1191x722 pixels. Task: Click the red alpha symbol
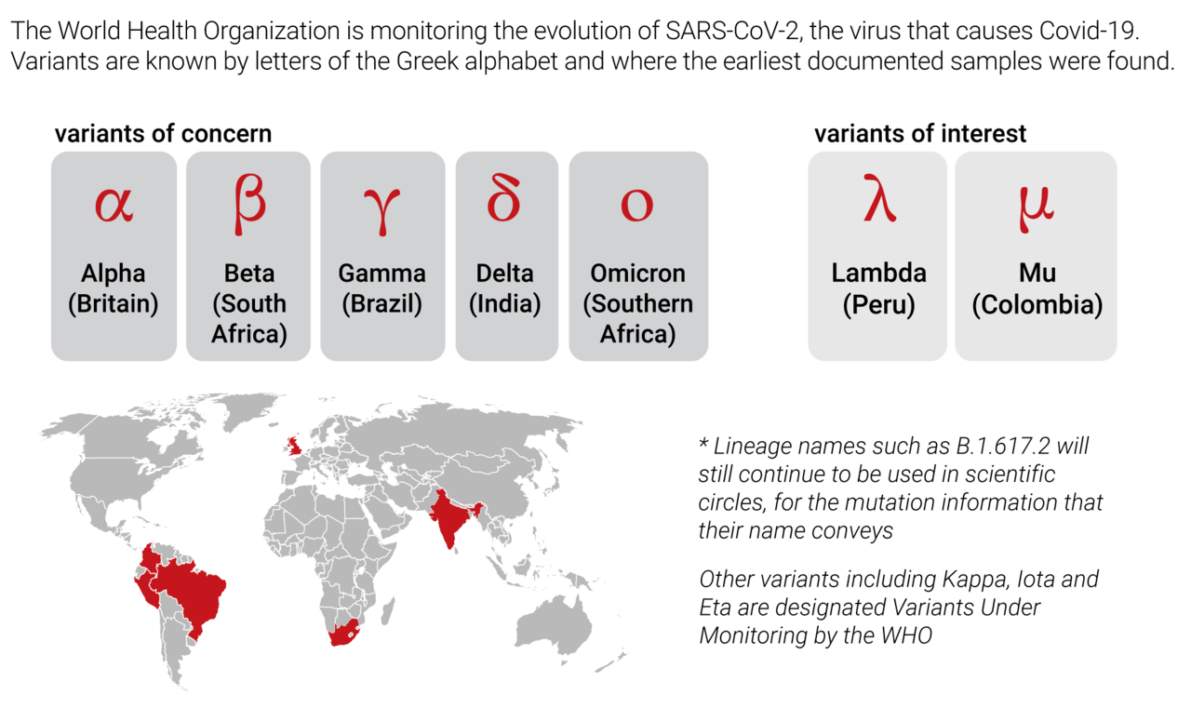point(114,205)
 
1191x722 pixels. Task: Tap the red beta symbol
point(249,204)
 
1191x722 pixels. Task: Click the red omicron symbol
point(637,206)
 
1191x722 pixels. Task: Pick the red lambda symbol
point(879,197)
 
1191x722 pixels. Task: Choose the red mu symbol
point(1037,209)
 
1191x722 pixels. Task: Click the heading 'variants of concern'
point(163,133)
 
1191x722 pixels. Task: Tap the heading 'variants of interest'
point(920,133)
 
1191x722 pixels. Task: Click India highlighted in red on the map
point(452,518)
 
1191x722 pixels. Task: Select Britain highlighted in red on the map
point(293,446)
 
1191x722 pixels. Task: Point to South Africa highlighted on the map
point(344,633)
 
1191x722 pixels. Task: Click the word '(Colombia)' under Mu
point(1037,304)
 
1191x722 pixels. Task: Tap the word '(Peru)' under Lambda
point(879,304)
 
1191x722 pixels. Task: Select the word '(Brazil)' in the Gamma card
point(382,304)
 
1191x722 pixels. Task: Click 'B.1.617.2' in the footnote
point(1003,446)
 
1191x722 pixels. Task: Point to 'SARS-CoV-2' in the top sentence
point(732,31)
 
